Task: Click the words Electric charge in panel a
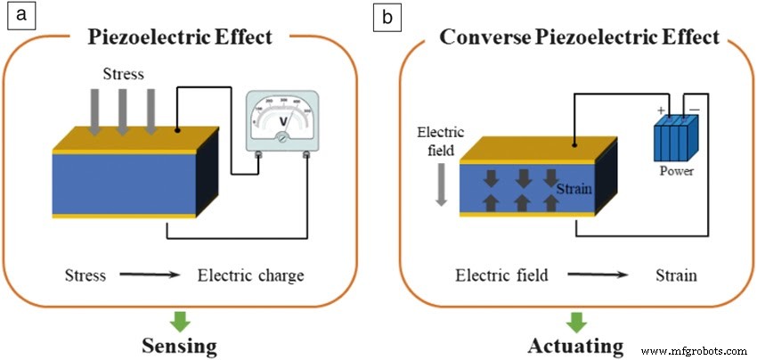click(250, 275)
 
